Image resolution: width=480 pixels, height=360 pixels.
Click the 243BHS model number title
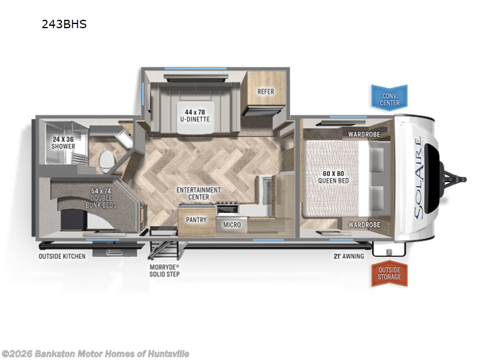[64, 24]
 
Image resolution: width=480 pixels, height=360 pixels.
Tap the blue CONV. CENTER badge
[389, 98]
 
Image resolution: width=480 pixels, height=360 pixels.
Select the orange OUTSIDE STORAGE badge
[389, 274]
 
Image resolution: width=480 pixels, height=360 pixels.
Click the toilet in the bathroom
[107, 161]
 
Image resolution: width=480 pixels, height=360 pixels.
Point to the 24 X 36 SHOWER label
[63, 143]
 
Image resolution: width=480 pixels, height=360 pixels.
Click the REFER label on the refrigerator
[265, 92]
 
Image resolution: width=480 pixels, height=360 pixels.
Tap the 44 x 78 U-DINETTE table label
[194, 116]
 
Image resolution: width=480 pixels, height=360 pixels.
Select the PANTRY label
[196, 220]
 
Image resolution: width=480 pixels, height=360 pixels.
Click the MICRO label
[232, 224]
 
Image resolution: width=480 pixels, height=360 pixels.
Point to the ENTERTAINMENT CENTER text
[199, 193]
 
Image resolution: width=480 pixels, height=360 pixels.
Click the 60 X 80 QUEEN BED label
[333, 177]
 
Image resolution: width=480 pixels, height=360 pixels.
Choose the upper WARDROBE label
[364, 134]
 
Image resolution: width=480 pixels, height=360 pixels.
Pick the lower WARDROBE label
[364, 225]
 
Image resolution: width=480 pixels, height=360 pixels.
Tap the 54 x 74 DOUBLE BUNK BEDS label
[101, 198]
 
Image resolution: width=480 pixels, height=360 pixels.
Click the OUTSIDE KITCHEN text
[62, 256]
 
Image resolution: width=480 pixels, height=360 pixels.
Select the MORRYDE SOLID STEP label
[164, 271]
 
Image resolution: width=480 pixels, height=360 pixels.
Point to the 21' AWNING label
[349, 256]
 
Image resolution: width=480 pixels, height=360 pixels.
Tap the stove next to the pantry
[227, 208]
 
